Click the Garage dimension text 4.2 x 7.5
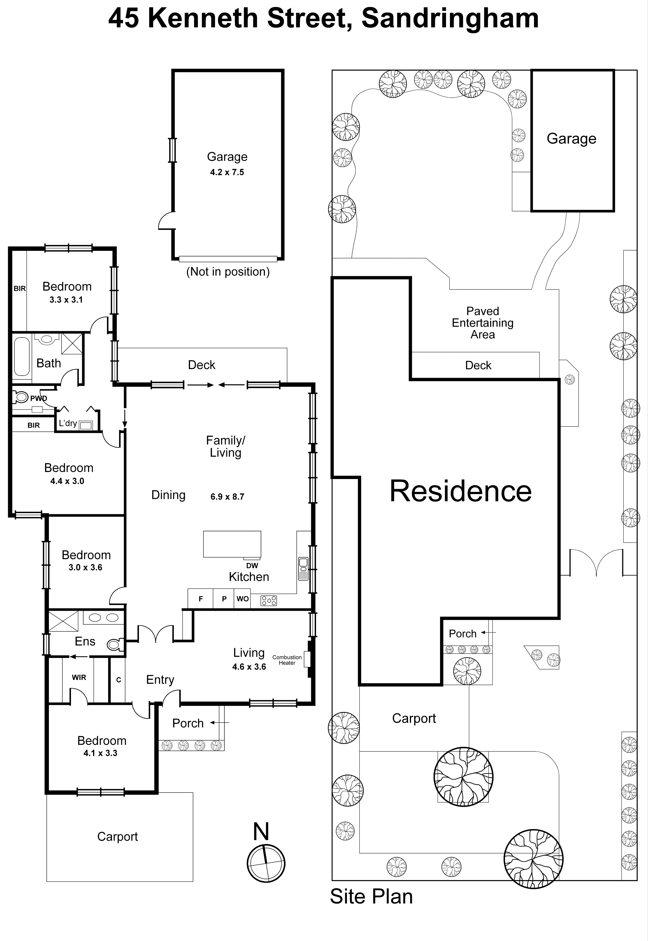[x=227, y=172]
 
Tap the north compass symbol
[x=266, y=864]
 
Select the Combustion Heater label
[x=287, y=660]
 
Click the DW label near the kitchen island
[x=252, y=565]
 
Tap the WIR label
[x=79, y=677]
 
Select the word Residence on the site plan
[x=461, y=492]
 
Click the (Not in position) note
[x=228, y=272]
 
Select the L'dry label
[x=68, y=423]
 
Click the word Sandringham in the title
[x=450, y=19]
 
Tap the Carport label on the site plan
[x=414, y=718]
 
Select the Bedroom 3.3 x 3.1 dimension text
[x=66, y=300]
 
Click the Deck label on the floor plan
[x=201, y=365]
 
